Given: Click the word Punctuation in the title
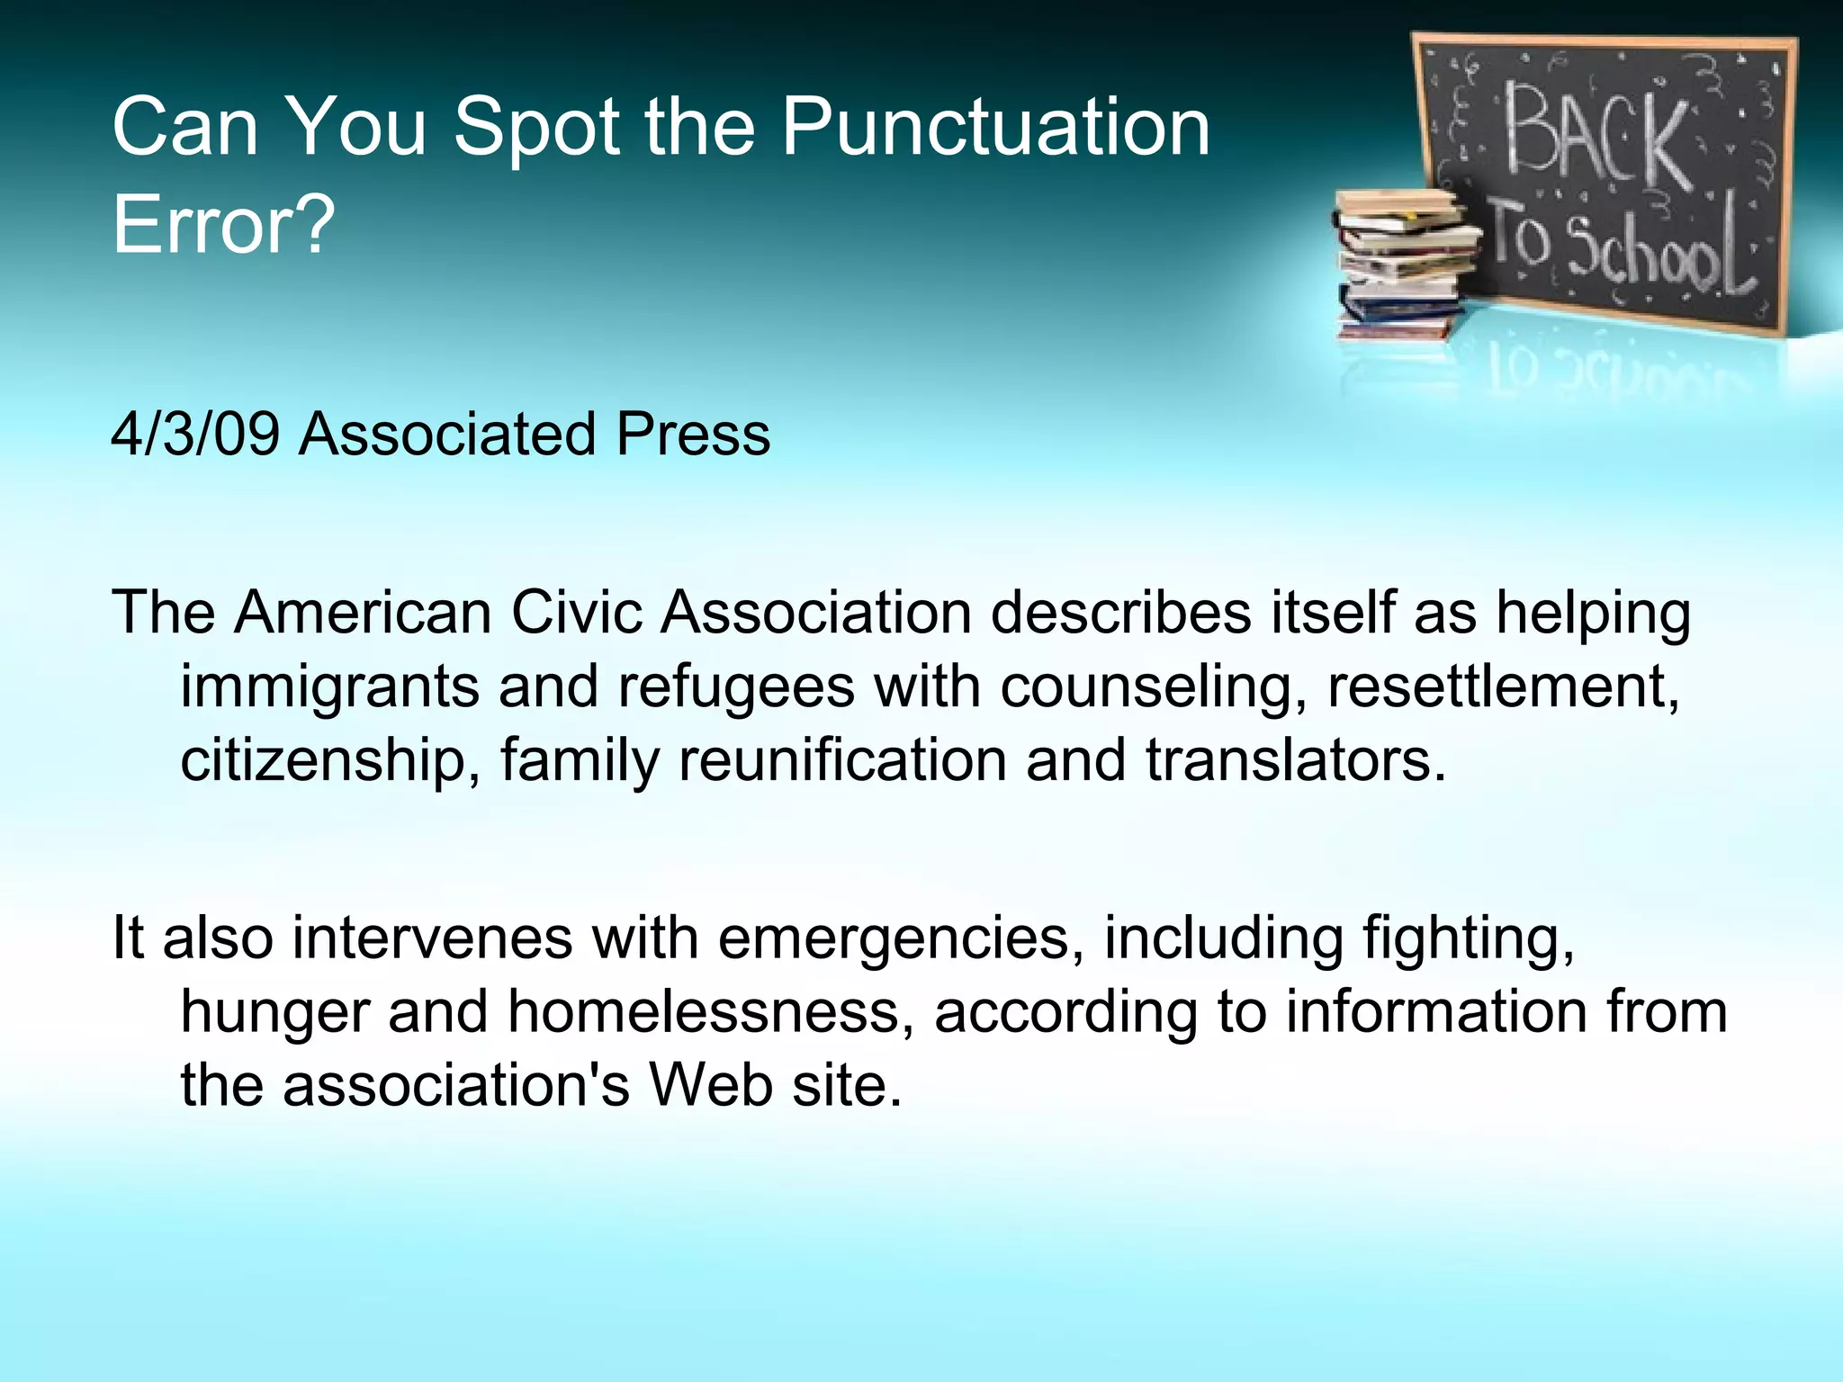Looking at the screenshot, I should tap(994, 128).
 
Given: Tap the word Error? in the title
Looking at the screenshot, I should tap(223, 224).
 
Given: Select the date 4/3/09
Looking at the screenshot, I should tap(195, 435).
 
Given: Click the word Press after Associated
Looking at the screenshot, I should tap(693, 435).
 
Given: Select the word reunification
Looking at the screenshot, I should tap(842, 760).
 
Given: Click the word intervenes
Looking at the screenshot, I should tap(432, 938).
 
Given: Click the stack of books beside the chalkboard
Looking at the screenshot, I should tap(1404, 265).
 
